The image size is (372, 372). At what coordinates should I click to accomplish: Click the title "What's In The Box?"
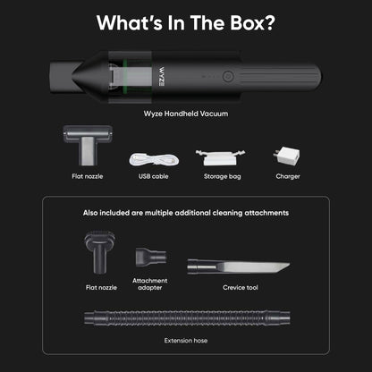[185, 22]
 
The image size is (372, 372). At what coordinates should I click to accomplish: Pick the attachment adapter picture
[147, 258]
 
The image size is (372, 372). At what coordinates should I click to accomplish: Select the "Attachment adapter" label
[149, 283]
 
